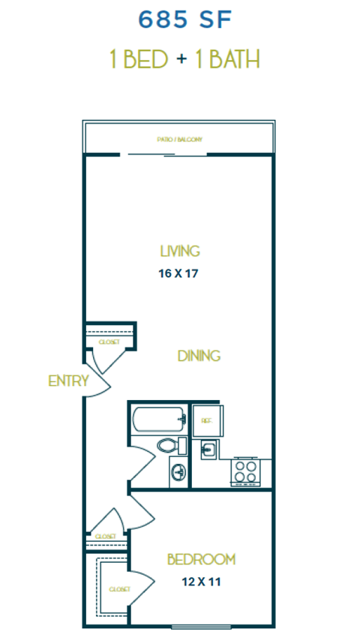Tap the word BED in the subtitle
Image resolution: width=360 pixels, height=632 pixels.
[146, 59]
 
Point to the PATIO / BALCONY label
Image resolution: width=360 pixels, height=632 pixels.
[180, 140]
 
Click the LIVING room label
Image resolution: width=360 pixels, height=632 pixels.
[180, 251]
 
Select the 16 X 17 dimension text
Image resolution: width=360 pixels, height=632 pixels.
[180, 273]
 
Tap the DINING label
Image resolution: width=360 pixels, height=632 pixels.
[199, 356]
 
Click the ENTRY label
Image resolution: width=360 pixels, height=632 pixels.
[68, 381]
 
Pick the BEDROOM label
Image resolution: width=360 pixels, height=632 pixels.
[201, 559]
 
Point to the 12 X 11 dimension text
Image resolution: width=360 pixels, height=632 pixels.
[201, 580]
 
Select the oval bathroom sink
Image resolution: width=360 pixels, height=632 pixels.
[178, 473]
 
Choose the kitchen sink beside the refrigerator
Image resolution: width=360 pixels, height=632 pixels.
[208, 449]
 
